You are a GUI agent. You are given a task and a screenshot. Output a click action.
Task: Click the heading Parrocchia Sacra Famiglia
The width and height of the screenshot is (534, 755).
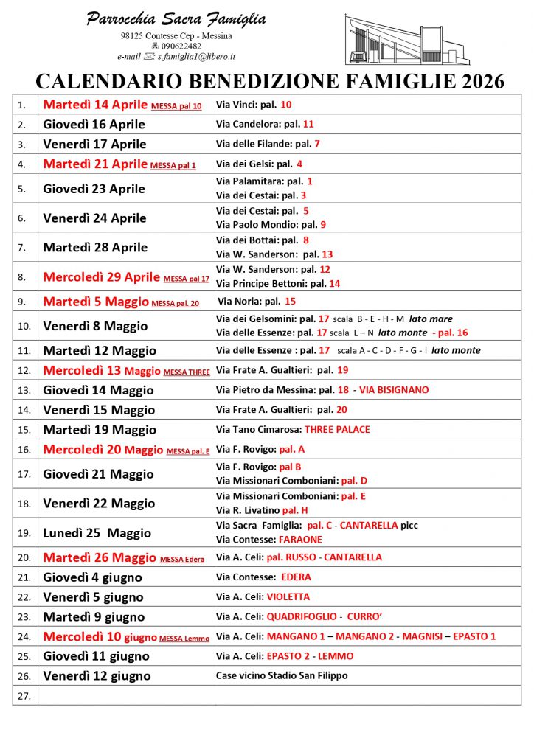click(176, 19)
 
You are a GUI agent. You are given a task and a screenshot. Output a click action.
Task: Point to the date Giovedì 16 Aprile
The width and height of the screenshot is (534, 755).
click(94, 124)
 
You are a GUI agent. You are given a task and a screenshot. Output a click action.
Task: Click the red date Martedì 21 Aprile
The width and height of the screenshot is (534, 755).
click(95, 164)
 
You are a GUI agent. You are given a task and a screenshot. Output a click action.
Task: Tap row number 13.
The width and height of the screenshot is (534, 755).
click(24, 390)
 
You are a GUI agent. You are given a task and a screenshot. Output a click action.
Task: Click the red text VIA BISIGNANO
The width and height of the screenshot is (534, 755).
click(394, 389)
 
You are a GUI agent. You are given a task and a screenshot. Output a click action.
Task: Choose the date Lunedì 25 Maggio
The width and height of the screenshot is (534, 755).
click(97, 533)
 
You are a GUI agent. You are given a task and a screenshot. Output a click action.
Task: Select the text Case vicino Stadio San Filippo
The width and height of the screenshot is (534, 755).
click(281, 675)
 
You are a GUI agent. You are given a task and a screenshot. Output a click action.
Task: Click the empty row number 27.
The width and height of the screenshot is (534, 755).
click(24, 695)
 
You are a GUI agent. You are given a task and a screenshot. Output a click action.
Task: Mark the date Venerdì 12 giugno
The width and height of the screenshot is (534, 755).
click(97, 676)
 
